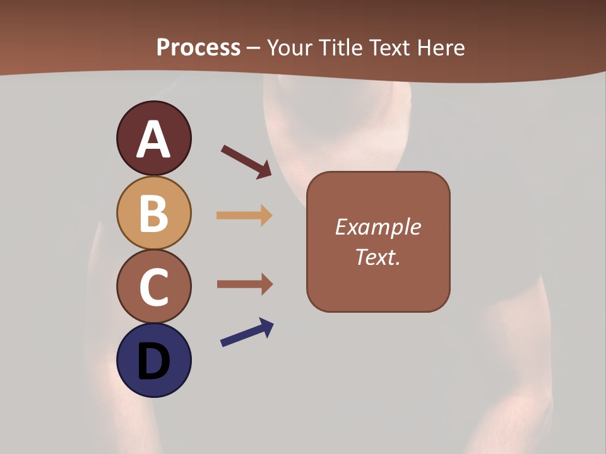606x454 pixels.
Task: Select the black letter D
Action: tap(153, 362)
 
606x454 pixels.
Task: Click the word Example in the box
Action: tap(377, 227)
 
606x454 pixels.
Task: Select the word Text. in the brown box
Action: tap(377, 257)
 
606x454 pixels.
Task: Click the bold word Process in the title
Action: tap(198, 48)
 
